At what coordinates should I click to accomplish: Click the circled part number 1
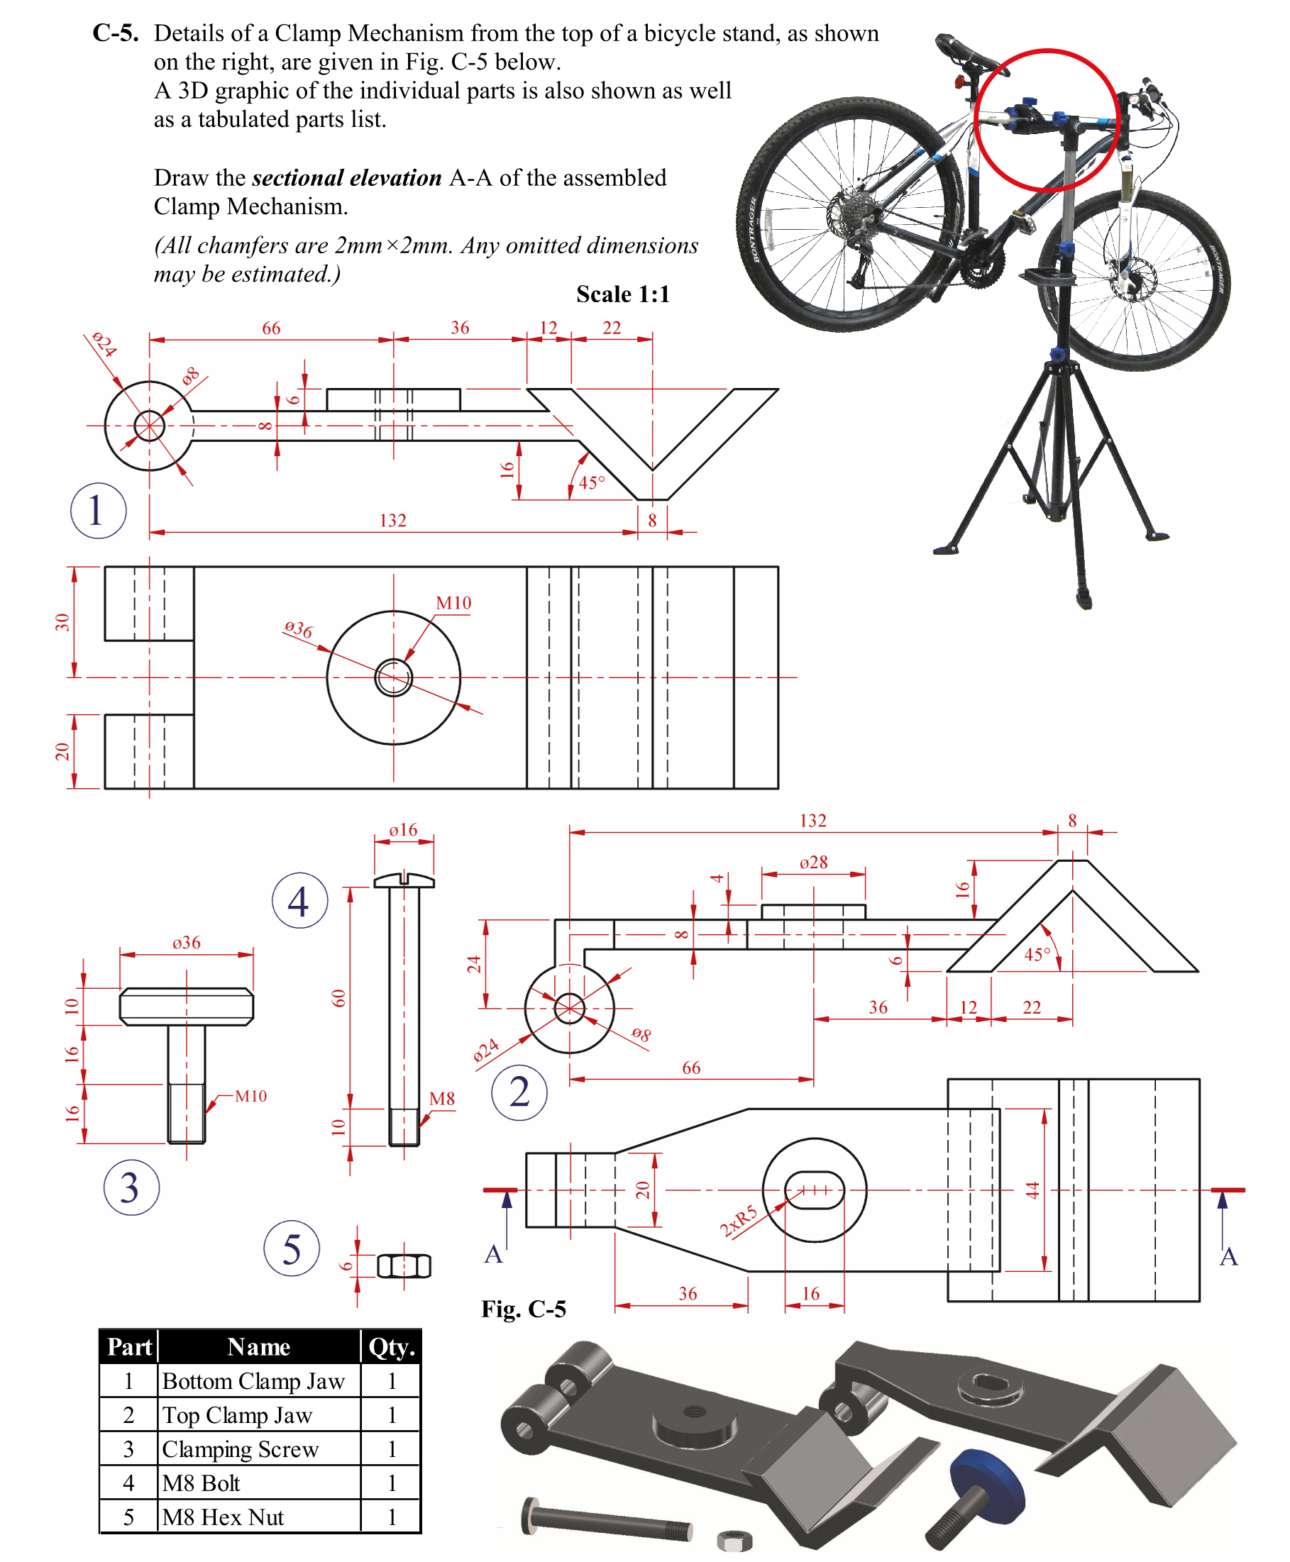click(97, 510)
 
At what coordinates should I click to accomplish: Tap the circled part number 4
click(299, 900)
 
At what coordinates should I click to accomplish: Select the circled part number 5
click(292, 1248)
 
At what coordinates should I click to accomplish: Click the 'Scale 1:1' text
click(623, 294)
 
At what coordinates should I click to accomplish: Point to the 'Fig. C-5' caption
click(523, 1309)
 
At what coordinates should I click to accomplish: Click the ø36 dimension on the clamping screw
click(186, 943)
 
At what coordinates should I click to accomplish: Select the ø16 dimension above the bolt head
click(404, 830)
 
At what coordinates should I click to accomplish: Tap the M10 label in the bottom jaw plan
click(453, 603)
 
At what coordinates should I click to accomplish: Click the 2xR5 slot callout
click(738, 1221)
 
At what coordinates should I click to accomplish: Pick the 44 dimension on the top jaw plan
click(1032, 1190)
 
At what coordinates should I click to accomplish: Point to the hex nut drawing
click(404, 1265)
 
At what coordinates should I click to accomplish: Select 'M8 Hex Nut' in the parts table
click(223, 1517)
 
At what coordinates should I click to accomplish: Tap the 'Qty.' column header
click(392, 1347)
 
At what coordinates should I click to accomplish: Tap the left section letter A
click(493, 1255)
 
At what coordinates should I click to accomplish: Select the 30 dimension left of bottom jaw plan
click(62, 622)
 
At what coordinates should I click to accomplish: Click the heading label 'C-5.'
click(115, 33)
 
